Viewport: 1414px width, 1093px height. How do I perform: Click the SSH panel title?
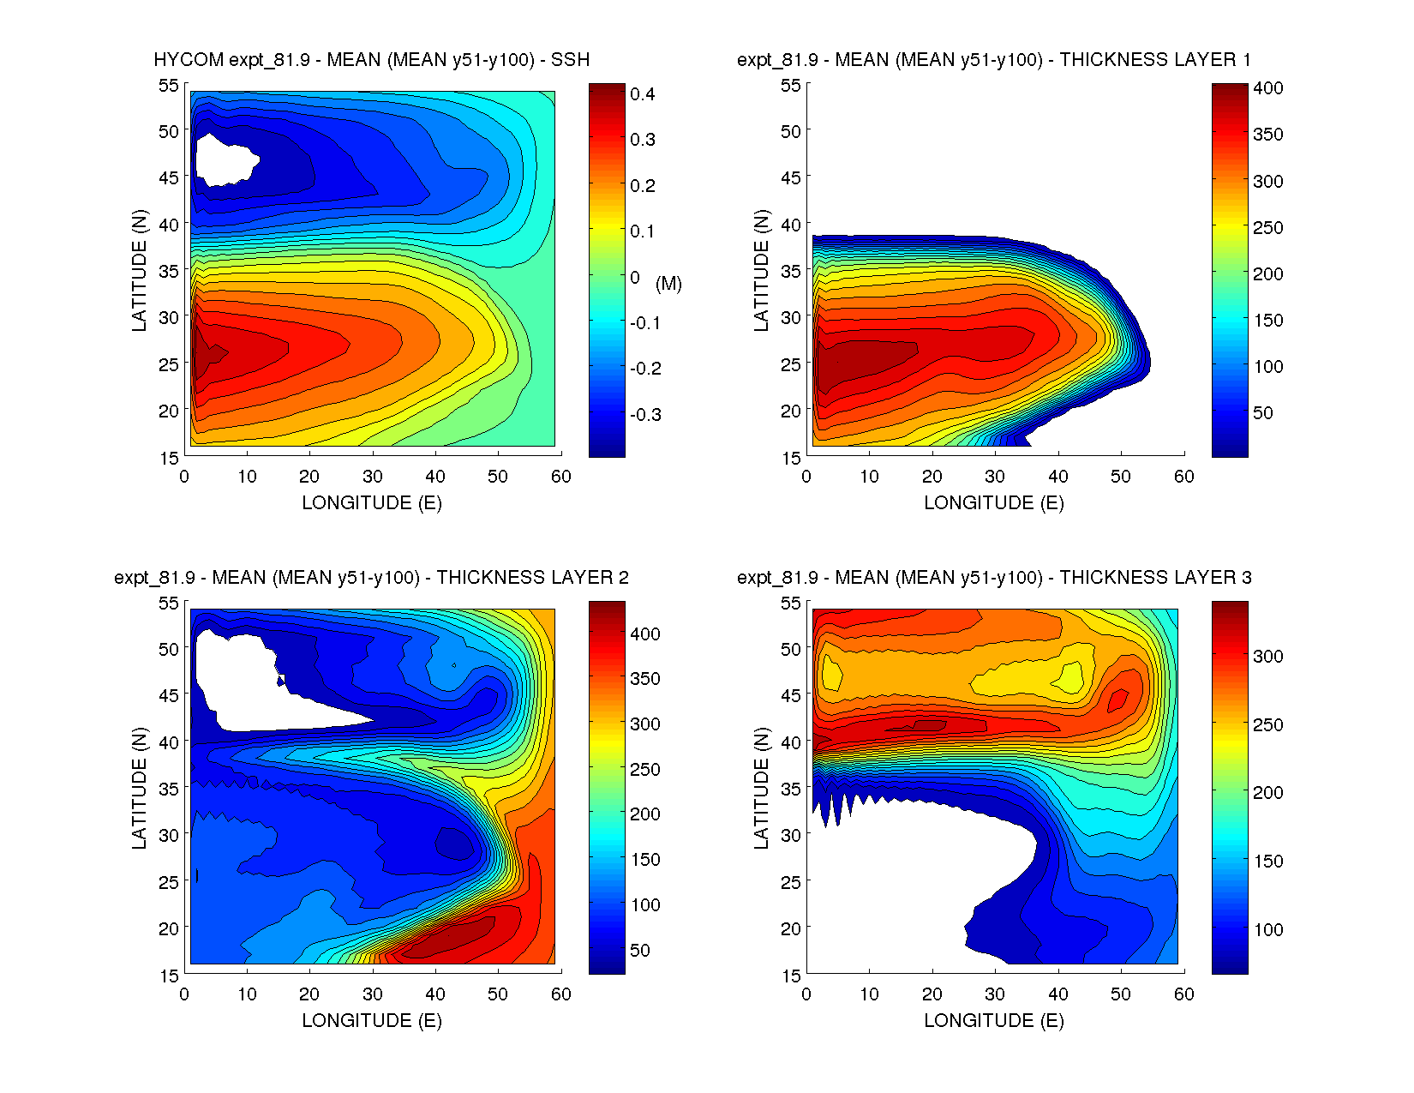click(x=371, y=60)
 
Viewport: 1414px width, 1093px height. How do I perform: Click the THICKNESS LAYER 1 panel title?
click(x=993, y=60)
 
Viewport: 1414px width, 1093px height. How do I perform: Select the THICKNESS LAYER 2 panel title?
click(x=371, y=578)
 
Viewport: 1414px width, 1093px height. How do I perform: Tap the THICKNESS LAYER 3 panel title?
click(x=993, y=578)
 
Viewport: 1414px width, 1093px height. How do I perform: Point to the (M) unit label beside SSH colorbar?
click(x=668, y=284)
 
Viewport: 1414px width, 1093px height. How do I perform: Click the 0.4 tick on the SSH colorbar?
click(x=642, y=94)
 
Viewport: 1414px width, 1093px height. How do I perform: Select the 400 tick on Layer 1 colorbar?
click(x=1267, y=88)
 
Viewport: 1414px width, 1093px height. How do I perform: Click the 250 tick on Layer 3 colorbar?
click(x=1267, y=725)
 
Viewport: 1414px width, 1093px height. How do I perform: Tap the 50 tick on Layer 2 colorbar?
click(x=640, y=951)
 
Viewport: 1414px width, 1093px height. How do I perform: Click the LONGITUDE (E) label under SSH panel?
click(x=372, y=503)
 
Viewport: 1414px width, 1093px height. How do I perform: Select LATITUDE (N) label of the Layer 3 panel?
click(x=761, y=789)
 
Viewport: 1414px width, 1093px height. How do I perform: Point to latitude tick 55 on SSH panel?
click(x=168, y=86)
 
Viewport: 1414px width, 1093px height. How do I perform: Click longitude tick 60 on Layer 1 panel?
click(x=1183, y=477)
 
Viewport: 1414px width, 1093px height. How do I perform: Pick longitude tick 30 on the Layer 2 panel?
click(x=372, y=994)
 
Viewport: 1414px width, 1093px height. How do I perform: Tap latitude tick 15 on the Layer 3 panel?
click(x=791, y=976)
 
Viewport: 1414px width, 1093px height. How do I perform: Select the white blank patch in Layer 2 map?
click(x=249, y=686)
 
